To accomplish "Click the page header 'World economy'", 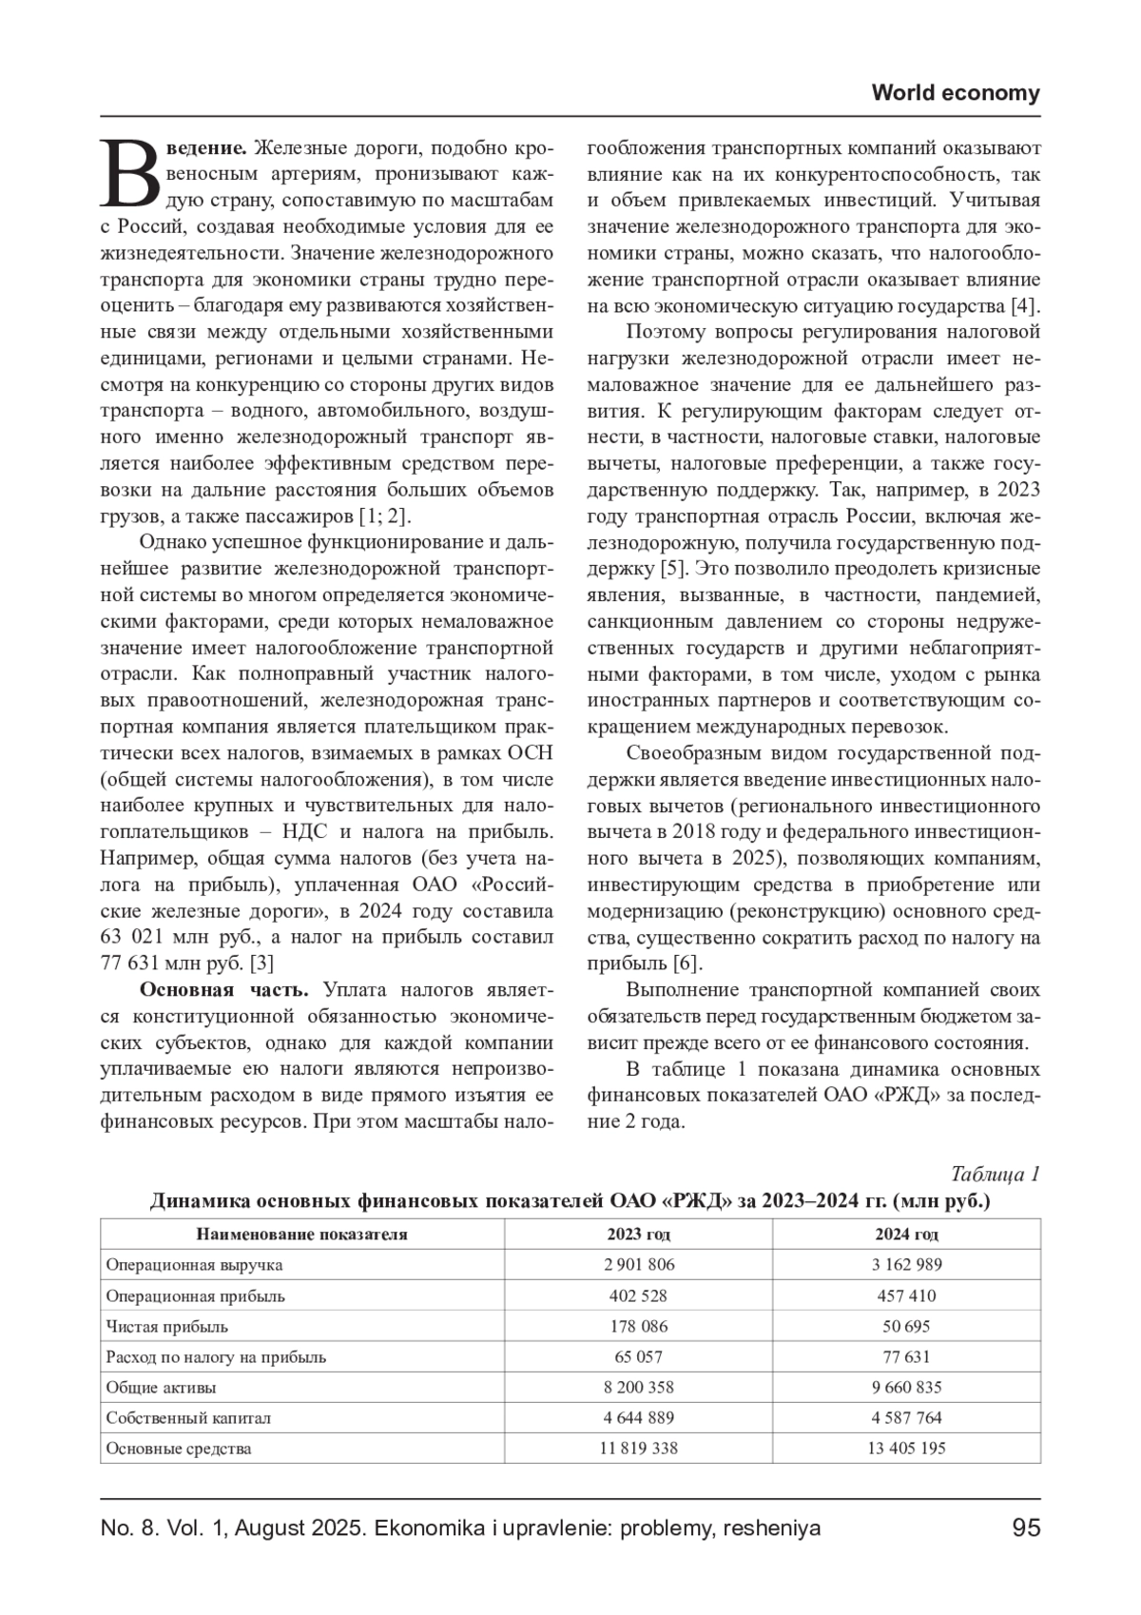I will tap(955, 93).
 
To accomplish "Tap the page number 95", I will tap(1026, 1528).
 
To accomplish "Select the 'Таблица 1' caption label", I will tap(995, 1174).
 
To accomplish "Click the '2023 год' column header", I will tap(638, 1235).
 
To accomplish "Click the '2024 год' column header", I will tap(906, 1235).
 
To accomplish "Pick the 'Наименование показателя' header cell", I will tap(301, 1235).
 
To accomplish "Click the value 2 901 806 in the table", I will tap(638, 1265).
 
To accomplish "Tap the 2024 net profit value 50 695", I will tap(906, 1326).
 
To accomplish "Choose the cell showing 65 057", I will tap(638, 1356).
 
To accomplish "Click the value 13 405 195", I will tap(906, 1449).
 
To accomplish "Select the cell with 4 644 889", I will tap(638, 1417).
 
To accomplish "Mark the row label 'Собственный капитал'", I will tap(188, 1417).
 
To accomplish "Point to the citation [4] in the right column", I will tap(1023, 306).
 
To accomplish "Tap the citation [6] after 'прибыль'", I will tap(687, 963).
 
